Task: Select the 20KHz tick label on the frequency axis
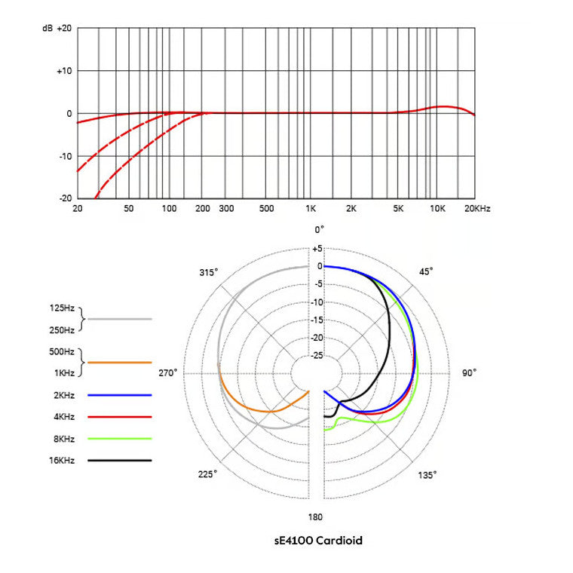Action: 476,208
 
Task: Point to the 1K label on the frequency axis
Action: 310,208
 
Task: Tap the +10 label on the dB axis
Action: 63,71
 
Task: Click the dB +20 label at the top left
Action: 57,28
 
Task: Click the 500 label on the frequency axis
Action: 265,208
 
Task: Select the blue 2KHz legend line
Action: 119,395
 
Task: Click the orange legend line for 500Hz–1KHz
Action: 119,363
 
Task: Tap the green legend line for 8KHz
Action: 119,438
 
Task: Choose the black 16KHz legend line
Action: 119,460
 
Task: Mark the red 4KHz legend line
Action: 119,416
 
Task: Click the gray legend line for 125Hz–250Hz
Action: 119,319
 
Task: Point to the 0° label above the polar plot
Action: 319,229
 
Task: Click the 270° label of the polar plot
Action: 167,373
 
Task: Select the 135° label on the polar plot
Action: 427,475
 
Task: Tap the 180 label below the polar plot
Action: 316,516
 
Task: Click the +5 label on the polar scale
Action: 317,248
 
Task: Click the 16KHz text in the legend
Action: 63,460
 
